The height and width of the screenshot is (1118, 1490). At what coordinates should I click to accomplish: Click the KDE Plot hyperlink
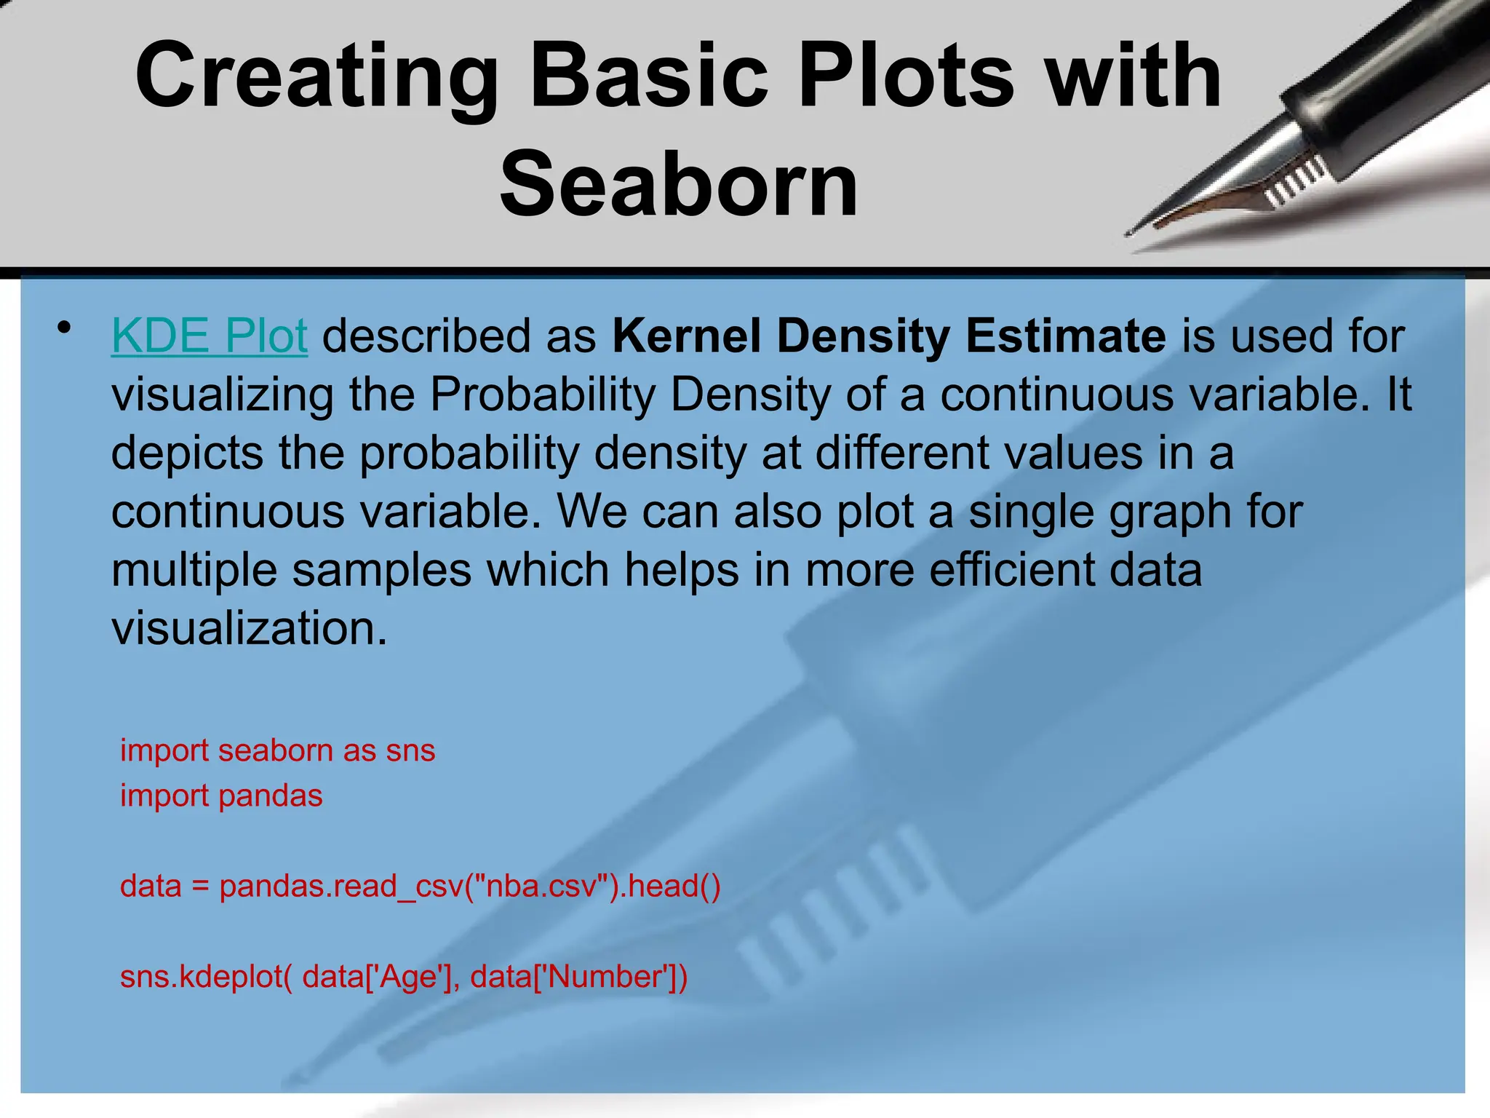210,336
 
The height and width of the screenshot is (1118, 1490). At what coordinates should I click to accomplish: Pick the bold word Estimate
1065,336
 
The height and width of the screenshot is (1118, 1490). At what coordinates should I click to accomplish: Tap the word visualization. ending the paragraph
250,627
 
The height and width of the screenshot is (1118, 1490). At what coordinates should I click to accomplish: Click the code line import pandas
221,796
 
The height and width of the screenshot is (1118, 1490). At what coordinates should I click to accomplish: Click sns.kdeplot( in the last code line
206,977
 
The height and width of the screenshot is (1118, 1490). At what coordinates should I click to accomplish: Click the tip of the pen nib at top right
1130,233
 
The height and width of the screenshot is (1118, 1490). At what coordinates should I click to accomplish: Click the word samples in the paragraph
382,569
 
